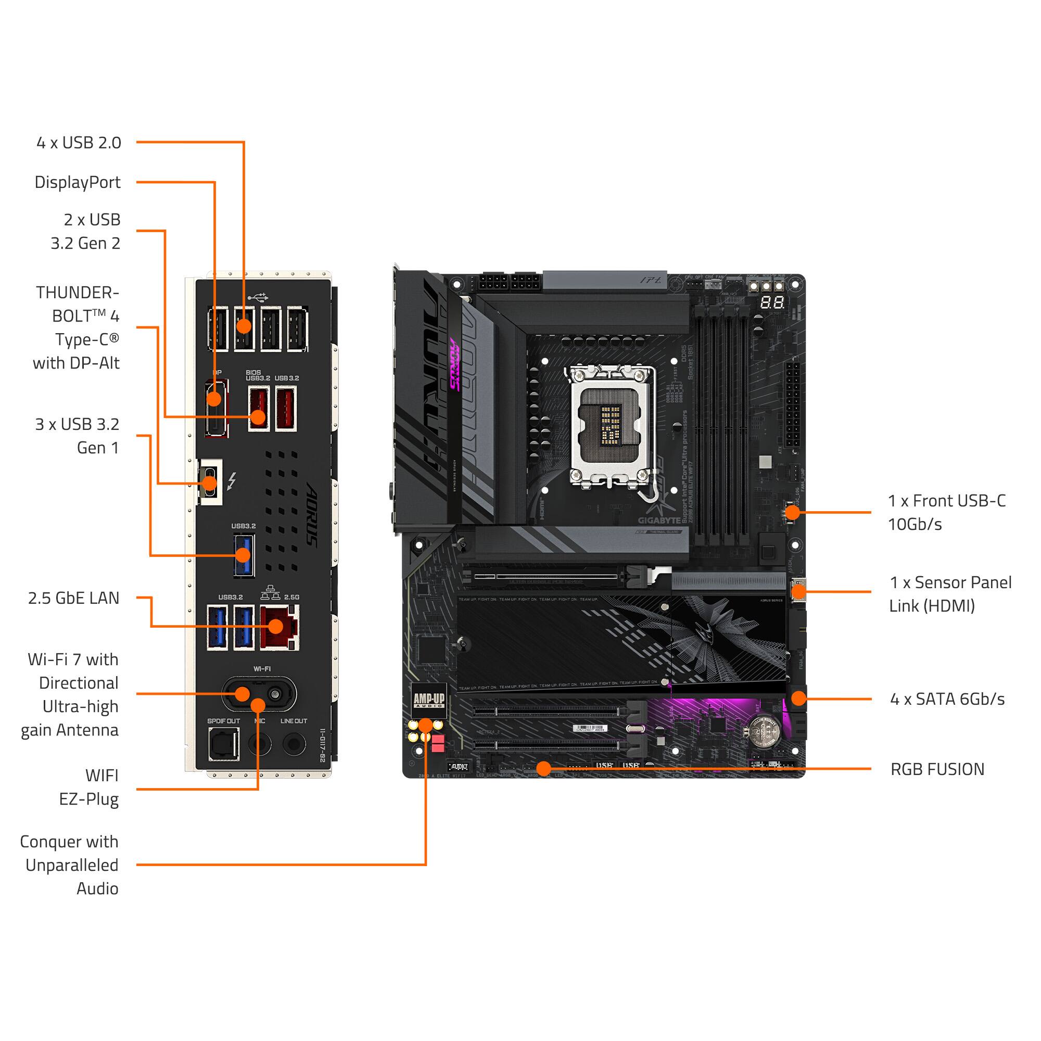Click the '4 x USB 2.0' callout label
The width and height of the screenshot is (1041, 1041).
[79, 143]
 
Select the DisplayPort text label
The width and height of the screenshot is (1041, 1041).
[78, 182]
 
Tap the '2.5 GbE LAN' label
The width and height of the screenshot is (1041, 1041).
[74, 598]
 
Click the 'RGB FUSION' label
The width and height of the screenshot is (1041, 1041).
[937, 769]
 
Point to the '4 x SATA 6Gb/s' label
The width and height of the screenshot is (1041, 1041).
[947, 700]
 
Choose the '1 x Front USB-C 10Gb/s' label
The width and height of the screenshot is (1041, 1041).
[946, 512]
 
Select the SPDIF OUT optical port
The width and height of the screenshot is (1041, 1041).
[224, 745]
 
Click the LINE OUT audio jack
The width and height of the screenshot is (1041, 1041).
[294, 745]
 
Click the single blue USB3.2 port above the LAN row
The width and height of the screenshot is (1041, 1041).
[244, 555]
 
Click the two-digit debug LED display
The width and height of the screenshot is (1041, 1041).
[771, 302]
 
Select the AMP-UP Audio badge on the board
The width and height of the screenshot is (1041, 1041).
[429, 700]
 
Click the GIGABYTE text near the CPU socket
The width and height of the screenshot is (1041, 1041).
[659, 520]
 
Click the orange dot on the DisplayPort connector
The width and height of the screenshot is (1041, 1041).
[214, 399]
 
